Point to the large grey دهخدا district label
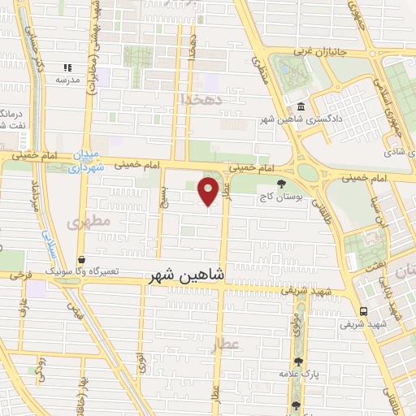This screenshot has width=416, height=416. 196,99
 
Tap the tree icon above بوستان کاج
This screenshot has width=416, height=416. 282,184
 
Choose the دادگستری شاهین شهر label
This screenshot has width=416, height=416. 301,120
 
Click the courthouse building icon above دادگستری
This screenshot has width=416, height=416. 301,107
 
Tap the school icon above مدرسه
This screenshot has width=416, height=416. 68,68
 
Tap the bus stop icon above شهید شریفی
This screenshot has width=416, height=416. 363,311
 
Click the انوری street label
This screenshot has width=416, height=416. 143,360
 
